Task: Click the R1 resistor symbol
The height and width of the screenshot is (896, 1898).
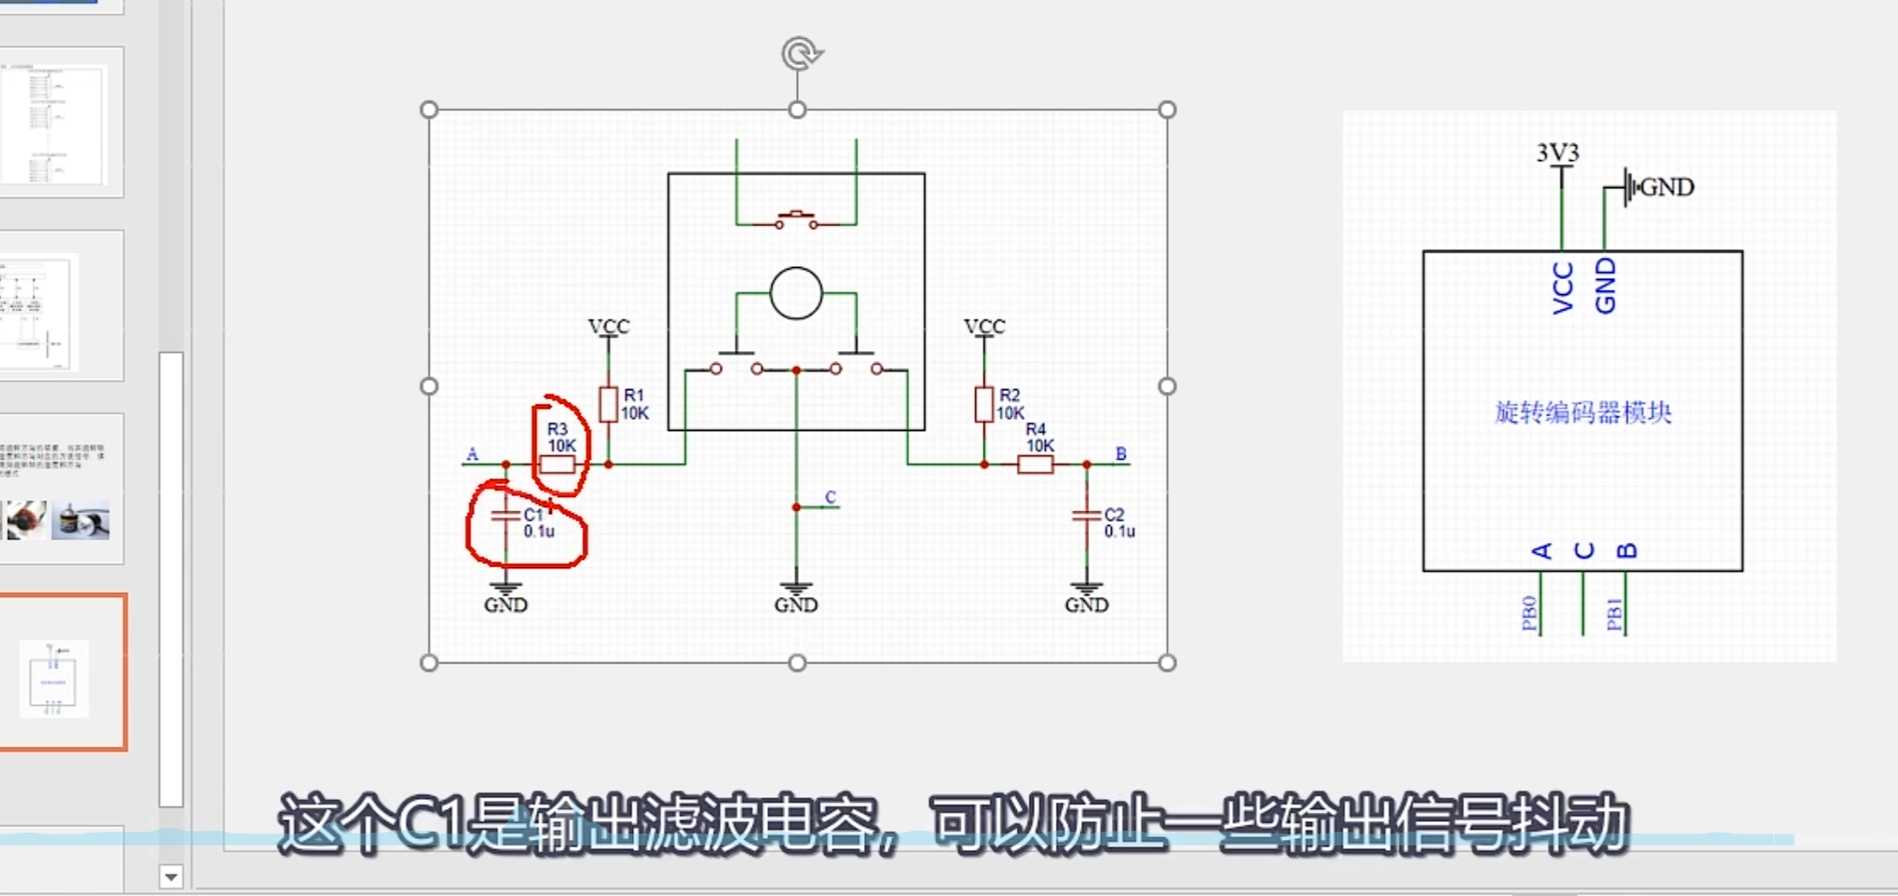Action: tap(609, 405)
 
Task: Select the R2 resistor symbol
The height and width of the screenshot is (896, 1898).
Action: tap(984, 405)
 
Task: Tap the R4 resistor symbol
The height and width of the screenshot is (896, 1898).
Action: tap(1035, 465)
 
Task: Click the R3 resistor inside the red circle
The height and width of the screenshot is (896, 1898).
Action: tap(557, 465)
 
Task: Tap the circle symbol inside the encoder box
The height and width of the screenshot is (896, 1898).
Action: tap(796, 293)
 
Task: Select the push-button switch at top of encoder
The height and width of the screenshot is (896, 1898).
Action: tap(796, 219)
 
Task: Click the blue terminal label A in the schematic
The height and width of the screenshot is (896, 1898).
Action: tap(472, 454)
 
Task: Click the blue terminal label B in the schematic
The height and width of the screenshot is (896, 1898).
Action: tap(1121, 453)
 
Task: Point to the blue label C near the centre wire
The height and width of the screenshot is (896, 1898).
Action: tap(830, 497)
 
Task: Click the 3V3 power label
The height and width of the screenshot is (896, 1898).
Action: tap(1558, 153)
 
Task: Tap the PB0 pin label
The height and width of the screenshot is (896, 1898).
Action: tap(1529, 613)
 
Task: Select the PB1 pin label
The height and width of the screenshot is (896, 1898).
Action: tap(1614, 613)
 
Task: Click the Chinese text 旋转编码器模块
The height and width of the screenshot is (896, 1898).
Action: tap(1583, 413)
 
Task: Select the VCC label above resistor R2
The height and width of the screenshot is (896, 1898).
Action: tap(984, 327)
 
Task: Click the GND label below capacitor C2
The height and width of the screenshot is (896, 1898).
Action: tap(1087, 605)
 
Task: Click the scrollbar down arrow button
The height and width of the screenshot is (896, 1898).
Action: tap(171, 876)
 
